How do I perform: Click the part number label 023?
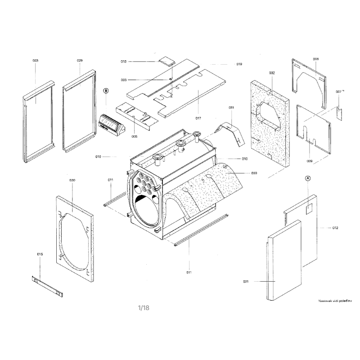click(36, 60)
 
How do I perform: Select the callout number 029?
click(80, 60)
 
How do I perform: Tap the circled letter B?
click(106, 90)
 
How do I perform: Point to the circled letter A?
click(308, 178)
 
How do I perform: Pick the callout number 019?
click(239, 64)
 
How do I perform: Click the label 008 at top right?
click(316, 59)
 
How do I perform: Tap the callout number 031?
click(231, 108)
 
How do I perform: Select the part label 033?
click(254, 173)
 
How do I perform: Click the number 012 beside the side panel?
click(335, 228)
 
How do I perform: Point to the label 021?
click(246, 282)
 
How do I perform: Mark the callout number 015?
click(40, 254)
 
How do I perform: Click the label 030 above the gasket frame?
click(72, 180)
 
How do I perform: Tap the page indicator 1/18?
click(143, 308)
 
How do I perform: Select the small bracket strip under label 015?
click(47, 286)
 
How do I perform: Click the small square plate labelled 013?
click(166, 61)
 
